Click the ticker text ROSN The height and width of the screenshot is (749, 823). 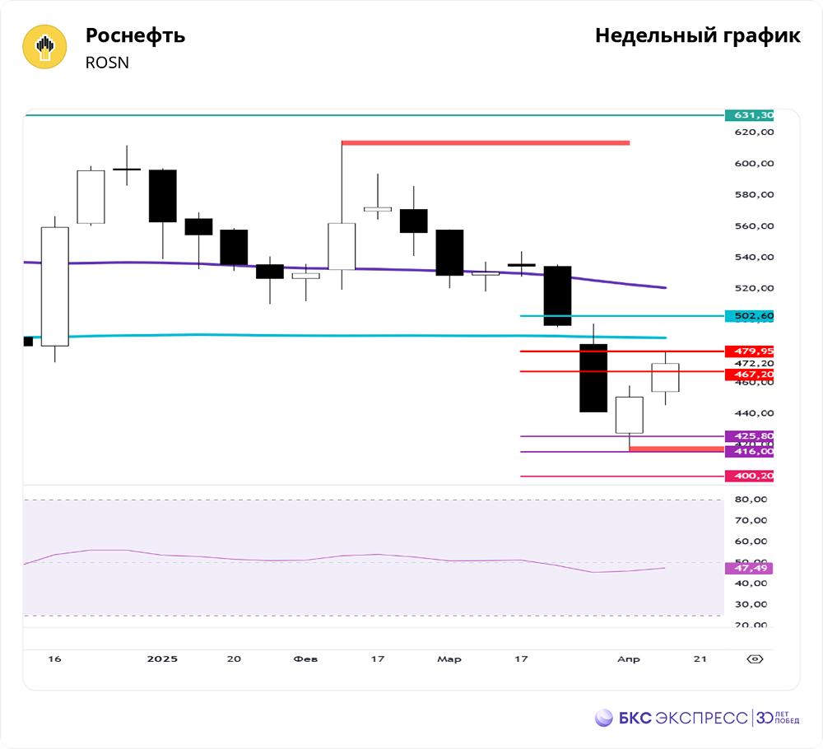click(x=107, y=63)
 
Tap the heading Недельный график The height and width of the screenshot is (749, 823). click(x=697, y=36)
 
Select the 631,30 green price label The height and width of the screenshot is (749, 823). click(x=749, y=115)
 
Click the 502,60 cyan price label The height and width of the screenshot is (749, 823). click(x=749, y=316)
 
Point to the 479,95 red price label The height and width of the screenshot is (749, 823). click(x=749, y=351)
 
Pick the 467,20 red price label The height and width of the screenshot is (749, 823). click(x=749, y=374)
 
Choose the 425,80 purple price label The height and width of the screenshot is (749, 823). click(x=749, y=436)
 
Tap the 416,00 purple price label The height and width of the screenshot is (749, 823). click(x=749, y=451)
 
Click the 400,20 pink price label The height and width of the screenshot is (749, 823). click(x=749, y=476)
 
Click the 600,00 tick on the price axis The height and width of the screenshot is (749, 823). click(x=755, y=164)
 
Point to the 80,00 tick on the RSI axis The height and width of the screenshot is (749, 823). click(x=751, y=500)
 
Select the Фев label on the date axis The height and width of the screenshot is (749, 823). click(x=305, y=659)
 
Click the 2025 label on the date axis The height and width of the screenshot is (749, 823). click(x=161, y=659)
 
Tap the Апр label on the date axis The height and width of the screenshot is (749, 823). click(x=628, y=659)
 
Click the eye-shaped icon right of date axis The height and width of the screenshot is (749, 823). click(x=756, y=658)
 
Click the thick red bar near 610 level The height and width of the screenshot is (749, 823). click(x=486, y=143)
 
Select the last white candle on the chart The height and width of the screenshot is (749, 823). click(x=665, y=377)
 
